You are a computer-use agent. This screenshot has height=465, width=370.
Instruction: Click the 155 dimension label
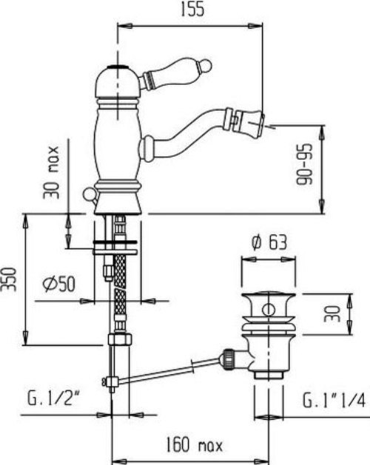pos(192,10)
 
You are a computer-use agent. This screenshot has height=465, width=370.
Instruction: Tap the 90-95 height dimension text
pos(305,164)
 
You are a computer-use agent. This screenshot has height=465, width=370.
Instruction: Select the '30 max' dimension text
pos(51,172)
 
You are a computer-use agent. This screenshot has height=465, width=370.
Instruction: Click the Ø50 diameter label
pos(58,283)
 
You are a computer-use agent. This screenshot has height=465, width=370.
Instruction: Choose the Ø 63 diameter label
pos(269,242)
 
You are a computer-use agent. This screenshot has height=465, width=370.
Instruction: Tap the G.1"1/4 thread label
pos(334,401)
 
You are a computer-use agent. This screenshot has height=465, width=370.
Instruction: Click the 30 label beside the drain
pos(332,313)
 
